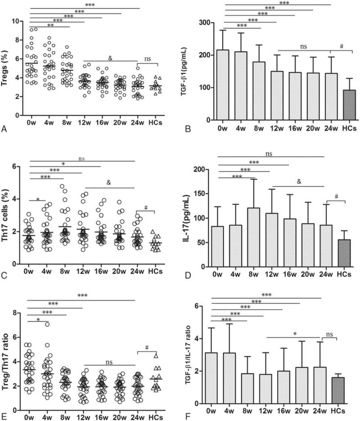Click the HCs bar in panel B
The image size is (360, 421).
[337, 105]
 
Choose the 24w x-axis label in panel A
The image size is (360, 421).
[139, 122]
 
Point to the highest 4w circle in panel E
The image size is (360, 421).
[47, 324]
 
